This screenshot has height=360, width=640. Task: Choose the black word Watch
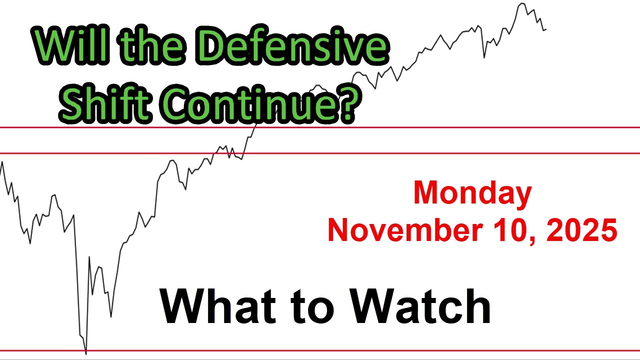coord(420,306)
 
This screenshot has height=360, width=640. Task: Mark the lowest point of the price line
coord(86,353)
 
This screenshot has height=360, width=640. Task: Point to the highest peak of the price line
coord(522,3)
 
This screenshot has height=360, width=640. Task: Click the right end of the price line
coord(546,29)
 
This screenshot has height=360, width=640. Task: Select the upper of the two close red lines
coord(450,127)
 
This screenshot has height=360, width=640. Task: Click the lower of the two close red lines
coord(450,153)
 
